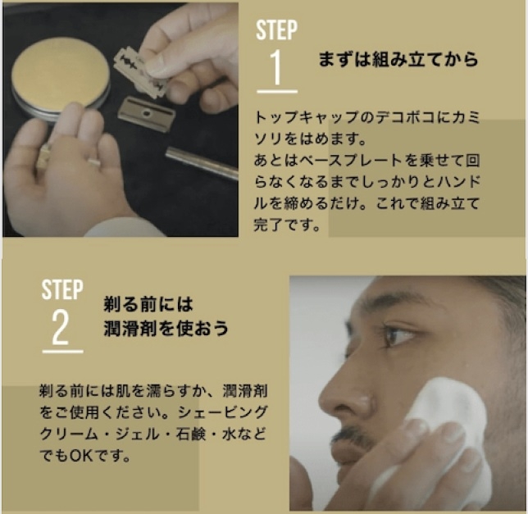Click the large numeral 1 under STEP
click(276, 67)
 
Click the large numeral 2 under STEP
click(61, 327)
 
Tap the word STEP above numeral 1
click(276, 30)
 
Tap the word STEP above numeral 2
click(62, 289)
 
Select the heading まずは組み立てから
click(398, 59)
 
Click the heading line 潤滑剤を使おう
click(166, 328)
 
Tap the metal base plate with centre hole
click(147, 113)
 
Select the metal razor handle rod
click(202, 162)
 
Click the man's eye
click(400, 335)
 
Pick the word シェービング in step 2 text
click(222, 412)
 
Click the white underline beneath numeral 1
click(277, 91)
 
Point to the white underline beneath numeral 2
click(62, 352)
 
